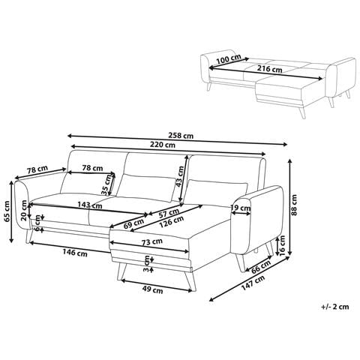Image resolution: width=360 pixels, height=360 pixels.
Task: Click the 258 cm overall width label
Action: [181, 136]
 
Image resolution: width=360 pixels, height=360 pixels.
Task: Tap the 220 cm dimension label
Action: [163, 145]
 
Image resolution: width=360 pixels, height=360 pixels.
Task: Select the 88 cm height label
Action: [294, 205]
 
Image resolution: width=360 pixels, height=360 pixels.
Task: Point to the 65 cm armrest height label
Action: [7, 211]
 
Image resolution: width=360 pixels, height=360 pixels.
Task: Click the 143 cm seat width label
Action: [90, 205]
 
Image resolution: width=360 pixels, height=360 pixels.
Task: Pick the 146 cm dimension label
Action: [75, 253]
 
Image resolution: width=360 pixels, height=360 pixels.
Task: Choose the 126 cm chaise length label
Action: [172, 222]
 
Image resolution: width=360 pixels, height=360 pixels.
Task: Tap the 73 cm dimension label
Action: [152, 242]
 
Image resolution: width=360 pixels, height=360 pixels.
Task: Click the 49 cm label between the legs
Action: [152, 290]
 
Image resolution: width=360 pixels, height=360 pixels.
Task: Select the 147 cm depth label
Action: [253, 283]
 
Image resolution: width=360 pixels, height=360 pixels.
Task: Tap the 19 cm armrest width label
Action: [241, 208]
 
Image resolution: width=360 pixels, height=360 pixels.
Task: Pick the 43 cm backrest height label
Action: [180, 176]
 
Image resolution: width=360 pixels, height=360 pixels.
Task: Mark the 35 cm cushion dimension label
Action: [106, 184]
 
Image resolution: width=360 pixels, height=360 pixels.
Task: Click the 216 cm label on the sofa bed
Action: [269, 68]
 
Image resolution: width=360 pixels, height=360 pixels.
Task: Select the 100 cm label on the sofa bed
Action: [229, 59]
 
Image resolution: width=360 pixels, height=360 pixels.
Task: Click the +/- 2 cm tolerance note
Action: [334, 307]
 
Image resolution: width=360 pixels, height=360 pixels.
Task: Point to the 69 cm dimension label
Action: [134, 223]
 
